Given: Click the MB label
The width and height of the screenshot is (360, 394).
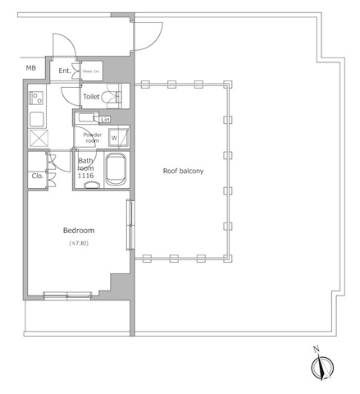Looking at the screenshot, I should (x=30, y=67).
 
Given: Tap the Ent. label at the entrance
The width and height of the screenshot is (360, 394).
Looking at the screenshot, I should (x=65, y=71).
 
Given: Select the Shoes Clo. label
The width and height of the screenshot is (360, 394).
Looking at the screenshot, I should (x=91, y=71).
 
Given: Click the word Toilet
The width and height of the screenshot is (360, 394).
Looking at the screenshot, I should (x=92, y=97).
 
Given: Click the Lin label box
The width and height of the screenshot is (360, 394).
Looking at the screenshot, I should (x=105, y=120).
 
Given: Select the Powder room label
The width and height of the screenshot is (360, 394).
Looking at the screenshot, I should (x=91, y=137).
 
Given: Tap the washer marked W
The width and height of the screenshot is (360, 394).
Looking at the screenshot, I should (x=114, y=137).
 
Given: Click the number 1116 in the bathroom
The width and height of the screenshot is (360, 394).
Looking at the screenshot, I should (x=85, y=176).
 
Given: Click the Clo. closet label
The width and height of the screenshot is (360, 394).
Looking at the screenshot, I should (x=38, y=175).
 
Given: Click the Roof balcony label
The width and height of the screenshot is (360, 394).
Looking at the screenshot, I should (x=184, y=171).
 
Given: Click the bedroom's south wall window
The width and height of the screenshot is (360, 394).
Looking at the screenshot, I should (x=66, y=295).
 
